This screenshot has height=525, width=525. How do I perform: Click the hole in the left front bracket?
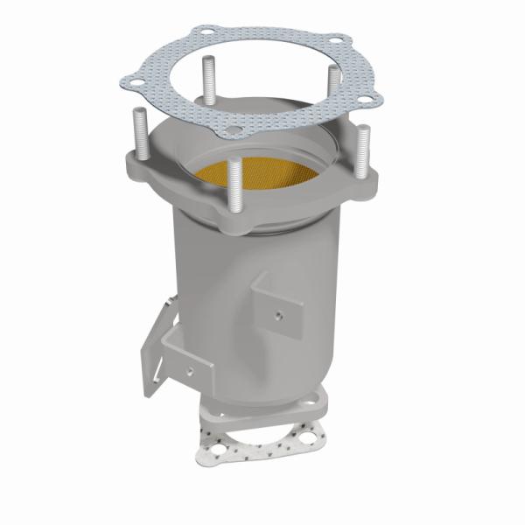tap(186, 371)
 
